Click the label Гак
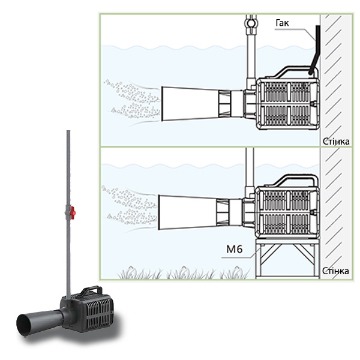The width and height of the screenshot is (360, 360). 282,23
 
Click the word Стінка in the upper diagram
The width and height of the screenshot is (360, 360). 337,142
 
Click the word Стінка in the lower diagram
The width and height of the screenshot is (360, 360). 335,271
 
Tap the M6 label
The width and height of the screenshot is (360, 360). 234,250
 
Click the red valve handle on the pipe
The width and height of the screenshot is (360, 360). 73,211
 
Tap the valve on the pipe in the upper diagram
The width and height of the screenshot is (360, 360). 251,23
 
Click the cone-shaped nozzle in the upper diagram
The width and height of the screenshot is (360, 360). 190,104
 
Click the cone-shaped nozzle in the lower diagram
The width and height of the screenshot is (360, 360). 188,212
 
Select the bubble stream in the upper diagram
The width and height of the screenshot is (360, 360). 132,100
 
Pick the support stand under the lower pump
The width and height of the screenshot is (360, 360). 287,259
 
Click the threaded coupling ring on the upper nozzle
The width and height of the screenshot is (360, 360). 224,104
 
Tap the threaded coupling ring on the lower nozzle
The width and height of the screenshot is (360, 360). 222,212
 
